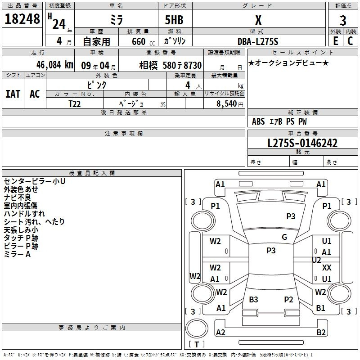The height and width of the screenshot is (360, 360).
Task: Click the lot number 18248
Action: pyautogui.click(x=22, y=19)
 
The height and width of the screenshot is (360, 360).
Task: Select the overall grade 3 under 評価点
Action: pyautogui.click(x=343, y=21)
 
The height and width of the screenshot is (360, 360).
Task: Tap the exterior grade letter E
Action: pyautogui.click(x=335, y=41)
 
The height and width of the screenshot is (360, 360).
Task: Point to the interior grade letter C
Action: pyautogui.click(x=350, y=41)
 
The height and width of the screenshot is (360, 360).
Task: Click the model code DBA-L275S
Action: pyautogui.click(x=258, y=41)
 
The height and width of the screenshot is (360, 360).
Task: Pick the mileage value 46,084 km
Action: pyautogui.click(x=54, y=65)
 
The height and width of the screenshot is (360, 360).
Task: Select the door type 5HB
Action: pyautogui.click(x=174, y=20)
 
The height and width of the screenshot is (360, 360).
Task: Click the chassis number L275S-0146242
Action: pyautogui.click(x=302, y=143)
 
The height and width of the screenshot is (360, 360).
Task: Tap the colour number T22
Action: pyautogui.click(x=74, y=104)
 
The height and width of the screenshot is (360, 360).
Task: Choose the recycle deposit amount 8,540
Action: pyautogui.click(x=227, y=104)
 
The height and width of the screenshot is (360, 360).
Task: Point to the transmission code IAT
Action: pyautogui.click(x=13, y=94)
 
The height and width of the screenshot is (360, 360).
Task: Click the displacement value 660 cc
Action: pyautogui.click(x=143, y=42)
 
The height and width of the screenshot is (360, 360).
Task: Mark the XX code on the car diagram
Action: pyautogui.click(x=327, y=267)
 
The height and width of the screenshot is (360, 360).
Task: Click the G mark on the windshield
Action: pyautogui.click(x=284, y=237)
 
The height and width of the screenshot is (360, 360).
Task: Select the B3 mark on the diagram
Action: pyautogui.click(x=253, y=299)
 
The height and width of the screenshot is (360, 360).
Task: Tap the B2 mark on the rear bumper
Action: pyautogui.click(x=321, y=332)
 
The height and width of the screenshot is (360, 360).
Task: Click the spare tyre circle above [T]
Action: pyautogui.click(x=197, y=328)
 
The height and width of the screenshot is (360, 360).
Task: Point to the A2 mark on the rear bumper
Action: pyautogui.click(x=220, y=332)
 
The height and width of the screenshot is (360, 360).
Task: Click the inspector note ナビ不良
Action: pyautogui.click(x=17, y=197)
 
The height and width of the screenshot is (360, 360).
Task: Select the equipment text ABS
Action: pyautogui.click(x=258, y=121)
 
